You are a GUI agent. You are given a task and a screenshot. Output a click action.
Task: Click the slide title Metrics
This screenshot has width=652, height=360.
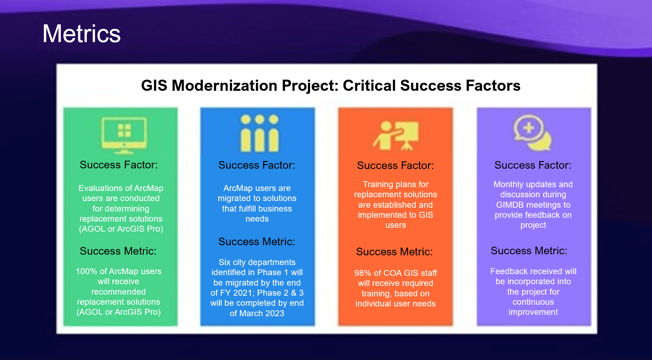pos(81,34)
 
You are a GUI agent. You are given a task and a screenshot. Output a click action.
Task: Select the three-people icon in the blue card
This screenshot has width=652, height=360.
pos(260,134)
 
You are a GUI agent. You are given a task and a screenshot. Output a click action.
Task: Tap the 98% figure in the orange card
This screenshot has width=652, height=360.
pos(363,273)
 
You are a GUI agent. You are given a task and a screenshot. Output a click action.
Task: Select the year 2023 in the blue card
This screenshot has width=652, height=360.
pos(275,313)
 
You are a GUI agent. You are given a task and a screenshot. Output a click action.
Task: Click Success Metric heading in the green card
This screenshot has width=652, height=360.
pos(118,251)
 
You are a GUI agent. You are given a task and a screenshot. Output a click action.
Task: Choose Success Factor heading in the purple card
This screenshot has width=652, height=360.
pos(533,165)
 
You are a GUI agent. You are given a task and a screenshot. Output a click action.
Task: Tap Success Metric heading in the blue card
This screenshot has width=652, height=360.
pos(256,242)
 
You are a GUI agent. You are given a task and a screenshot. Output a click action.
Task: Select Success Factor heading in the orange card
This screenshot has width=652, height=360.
pos(395,166)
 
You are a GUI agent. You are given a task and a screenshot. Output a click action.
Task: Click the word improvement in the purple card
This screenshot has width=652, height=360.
pos(533,312)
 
